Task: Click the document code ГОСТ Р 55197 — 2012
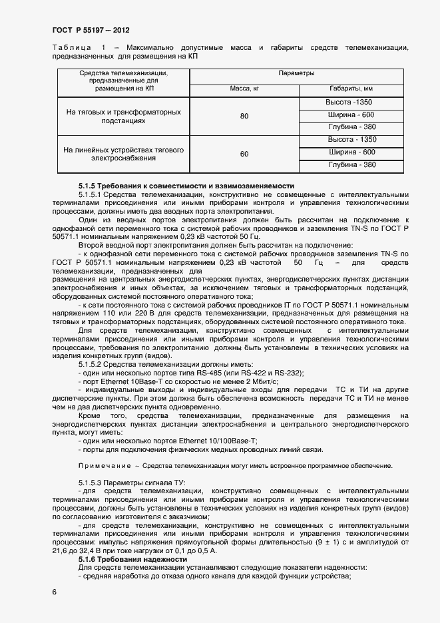tap(91, 31)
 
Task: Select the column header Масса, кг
tap(244, 89)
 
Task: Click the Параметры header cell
tap(297, 73)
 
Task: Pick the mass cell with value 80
tap(244, 116)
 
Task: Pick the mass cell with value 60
tap(244, 154)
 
